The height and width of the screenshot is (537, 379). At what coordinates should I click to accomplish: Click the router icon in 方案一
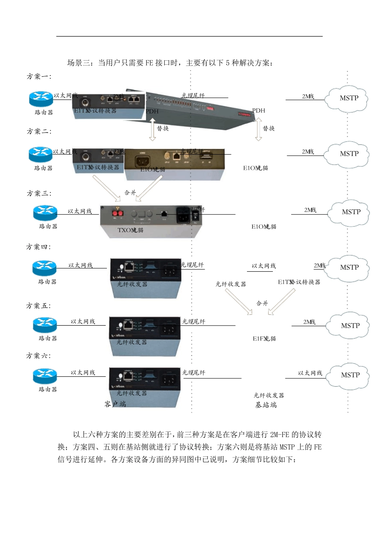coord(41,98)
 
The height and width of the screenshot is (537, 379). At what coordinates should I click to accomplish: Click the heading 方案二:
coord(39,131)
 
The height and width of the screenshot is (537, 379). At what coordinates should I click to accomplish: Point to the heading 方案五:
coord(38,306)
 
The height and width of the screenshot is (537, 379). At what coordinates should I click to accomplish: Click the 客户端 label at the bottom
coord(115,404)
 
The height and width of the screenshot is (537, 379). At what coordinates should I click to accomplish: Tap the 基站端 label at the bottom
coord(266,405)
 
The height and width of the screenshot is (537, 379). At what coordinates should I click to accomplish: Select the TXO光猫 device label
coord(130,230)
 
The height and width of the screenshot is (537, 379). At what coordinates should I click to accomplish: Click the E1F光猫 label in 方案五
coord(264,338)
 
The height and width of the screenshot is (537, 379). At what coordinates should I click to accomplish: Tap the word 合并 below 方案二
coord(130,193)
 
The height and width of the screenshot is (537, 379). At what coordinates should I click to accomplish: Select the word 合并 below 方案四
coord(262,303)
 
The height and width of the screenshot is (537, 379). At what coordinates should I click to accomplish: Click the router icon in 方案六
coord(45,376)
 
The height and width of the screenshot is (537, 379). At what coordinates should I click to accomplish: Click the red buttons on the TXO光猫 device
coord(118,213)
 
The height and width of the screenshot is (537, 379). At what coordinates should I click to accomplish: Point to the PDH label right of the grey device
coord(259,111)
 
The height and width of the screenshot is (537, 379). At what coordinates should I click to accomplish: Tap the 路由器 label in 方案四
coord(47,282)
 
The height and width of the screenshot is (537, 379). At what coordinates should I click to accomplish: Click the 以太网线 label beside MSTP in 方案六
coord(310,373)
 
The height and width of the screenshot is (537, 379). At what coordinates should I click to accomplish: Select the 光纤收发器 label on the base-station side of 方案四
coord(231,284)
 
